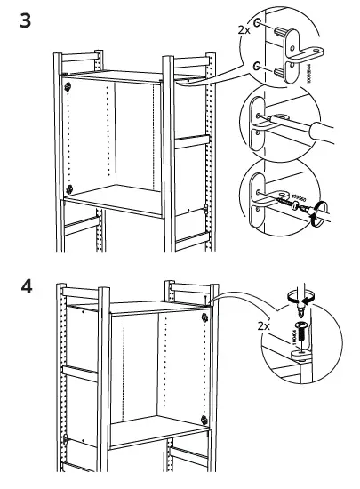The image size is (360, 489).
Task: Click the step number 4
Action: (x=26, y=290)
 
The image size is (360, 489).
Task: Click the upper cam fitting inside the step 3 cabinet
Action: (x=68, y=85)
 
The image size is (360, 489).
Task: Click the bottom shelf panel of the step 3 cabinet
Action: (x=120, y=196)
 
